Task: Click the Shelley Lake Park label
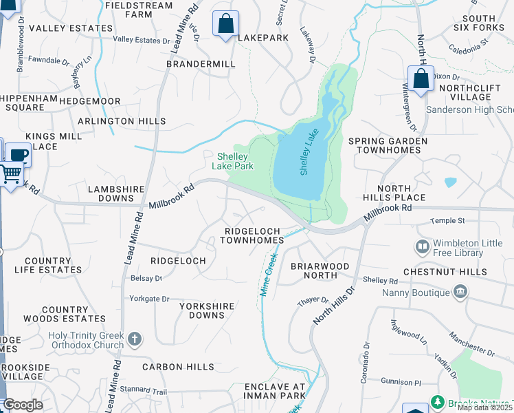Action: click(232, 161)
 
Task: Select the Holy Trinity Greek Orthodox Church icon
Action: click(135, 339)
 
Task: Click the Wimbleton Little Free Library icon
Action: click(422, 246)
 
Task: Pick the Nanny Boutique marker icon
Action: click(460, 293)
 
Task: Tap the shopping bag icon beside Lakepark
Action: click(225, 25)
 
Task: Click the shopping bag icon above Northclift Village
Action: click(421, 80)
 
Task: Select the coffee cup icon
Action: click(18, 155)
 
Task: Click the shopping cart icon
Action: click(10, 175)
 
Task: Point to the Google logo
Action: click(23, 405)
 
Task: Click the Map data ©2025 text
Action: click(485, 407)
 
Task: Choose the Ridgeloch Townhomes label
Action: click(252, 235)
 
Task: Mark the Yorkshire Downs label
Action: click(207, 310)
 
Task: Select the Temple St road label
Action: click(447, 221)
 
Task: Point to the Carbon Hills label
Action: click(178, 367)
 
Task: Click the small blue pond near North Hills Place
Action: click(450, 182)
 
